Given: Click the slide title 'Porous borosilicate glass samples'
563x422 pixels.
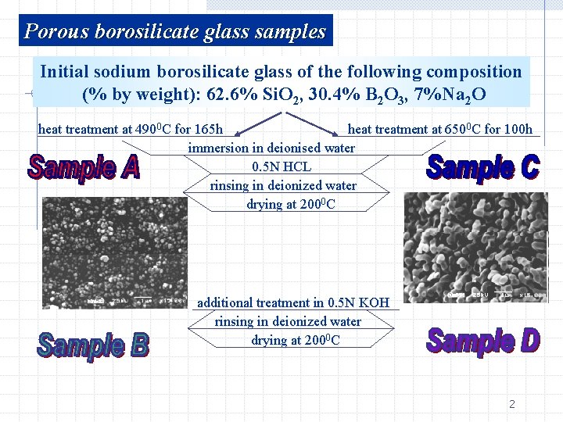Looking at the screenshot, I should (175, 31).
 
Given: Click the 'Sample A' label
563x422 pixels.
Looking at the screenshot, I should (84, 167).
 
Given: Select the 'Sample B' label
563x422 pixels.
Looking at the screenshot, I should (92, 345).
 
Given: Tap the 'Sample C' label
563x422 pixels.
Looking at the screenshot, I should (483, 167).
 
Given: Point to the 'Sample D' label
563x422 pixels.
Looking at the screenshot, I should (482, 342).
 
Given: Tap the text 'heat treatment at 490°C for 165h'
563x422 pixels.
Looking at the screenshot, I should (131, 129).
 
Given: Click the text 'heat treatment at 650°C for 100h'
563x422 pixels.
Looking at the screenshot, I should (439, 129).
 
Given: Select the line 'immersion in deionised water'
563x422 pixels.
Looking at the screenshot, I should (271, 148).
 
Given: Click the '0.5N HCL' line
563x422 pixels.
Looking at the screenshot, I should (281, 166).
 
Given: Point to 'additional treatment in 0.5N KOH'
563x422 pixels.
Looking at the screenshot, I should (293, 302).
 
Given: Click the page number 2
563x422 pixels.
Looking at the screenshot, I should (512, 404).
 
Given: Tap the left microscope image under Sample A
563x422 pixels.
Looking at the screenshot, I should (114, 252).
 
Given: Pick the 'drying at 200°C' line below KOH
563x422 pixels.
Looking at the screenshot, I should (295, 340).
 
